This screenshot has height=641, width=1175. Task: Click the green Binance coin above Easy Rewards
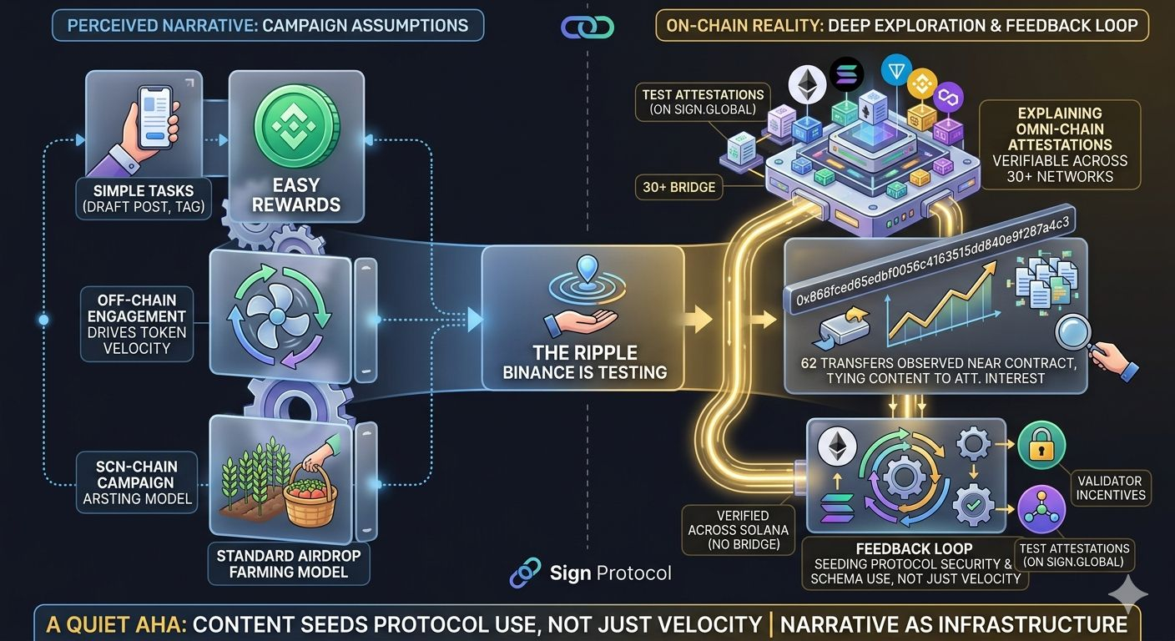click(x=296, y=124)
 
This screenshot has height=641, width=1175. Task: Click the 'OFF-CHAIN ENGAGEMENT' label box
click(x=137, y=324)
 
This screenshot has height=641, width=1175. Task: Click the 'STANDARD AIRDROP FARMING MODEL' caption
click(x=287, y=563)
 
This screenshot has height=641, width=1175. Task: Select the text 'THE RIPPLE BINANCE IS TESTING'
click(x=584, y=362)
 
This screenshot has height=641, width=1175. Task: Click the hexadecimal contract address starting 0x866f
click(x=933, y=260)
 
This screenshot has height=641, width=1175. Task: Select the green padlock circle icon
click(x=1042, y=446)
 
